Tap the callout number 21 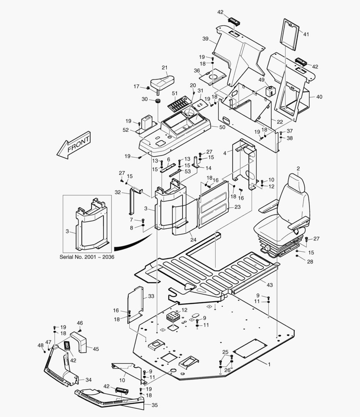coord(165,68)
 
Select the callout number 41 coord(306,34)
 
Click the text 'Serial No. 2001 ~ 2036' coord(87,257)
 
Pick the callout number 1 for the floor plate coord(269,364)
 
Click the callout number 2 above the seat coord(298,169)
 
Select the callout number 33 coord(151,296)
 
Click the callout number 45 coord(96,349)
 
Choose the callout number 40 coord(319,97)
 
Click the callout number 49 coord(261,80)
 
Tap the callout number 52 coord(126,130)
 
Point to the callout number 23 coord(237,207)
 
